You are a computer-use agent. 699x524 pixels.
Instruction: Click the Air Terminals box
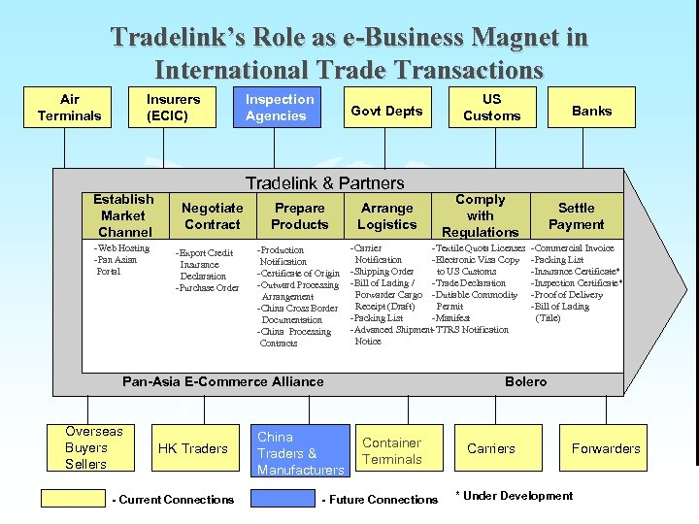(69, 108)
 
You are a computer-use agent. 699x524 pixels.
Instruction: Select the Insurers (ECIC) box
(173, 108)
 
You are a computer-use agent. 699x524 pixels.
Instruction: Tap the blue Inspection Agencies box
(280, 108)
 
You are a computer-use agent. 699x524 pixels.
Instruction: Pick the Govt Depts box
(386, 111)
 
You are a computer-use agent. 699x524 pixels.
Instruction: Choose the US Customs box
(491, 108)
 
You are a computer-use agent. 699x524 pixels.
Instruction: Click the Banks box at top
(591, 111)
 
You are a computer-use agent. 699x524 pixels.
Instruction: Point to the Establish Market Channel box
(123, 215)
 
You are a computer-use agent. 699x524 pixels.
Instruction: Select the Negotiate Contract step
(212, 215)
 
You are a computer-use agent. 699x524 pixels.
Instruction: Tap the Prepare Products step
(299, 215)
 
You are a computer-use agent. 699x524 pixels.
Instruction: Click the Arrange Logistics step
(386, 215)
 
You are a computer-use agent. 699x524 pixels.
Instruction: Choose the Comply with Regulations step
(480, 215)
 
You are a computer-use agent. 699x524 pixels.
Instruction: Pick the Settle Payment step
(576, 215)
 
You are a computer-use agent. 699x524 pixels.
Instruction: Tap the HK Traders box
(192, 448)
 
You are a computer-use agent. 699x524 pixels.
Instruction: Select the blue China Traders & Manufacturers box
(300, 452)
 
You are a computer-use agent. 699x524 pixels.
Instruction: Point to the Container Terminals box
(391, 451)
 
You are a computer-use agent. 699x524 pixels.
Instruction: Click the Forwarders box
(606, 448)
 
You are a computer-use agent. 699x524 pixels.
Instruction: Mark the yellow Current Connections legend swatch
(74, 499)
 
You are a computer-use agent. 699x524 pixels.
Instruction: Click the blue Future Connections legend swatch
(285, 499)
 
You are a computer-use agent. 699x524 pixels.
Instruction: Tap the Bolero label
(525, 381)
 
